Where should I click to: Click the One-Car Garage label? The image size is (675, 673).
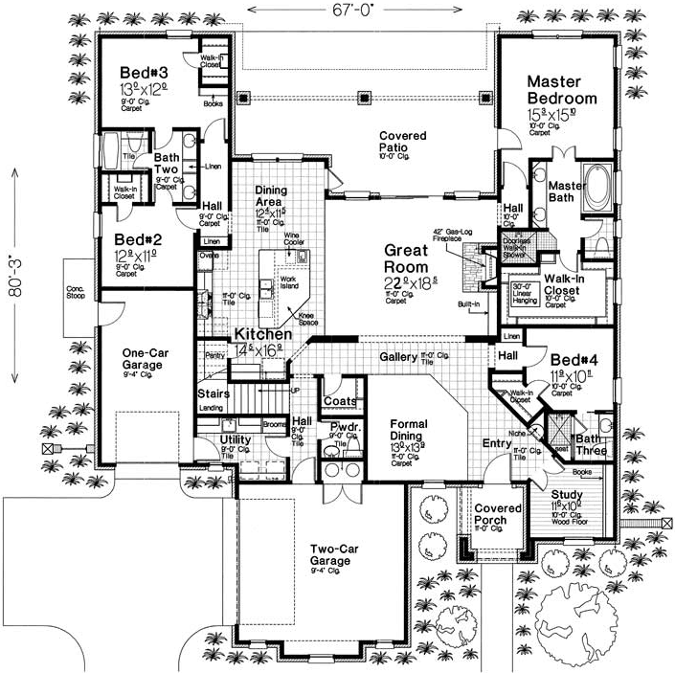coord(146,358)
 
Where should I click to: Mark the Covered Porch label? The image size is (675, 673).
coord(499,514)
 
